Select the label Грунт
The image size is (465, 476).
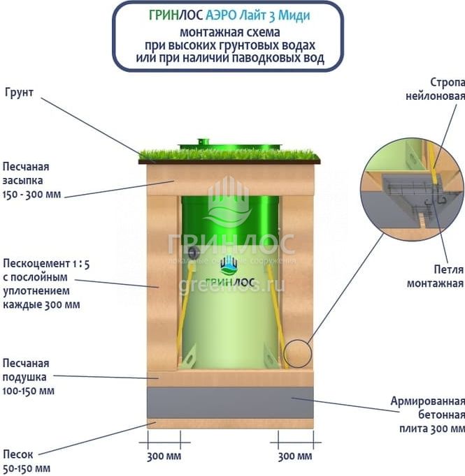coord(20,91)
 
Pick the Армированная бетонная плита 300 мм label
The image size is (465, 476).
coord(427,414)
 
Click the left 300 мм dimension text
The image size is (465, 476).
coord(164,456)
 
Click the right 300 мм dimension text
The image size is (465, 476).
coord(295,456)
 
